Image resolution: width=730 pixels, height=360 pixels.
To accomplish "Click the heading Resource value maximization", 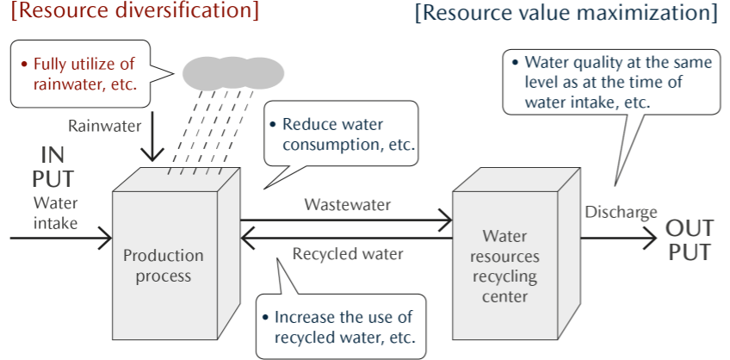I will click(x=566, y=15).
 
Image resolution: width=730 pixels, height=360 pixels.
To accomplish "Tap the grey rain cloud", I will click(x=232, y=72).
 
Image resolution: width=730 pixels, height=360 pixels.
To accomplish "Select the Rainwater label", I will click(x=104, y=125).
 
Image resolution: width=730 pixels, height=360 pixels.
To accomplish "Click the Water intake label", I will click(x=55, y=214).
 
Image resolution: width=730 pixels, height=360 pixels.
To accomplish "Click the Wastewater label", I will click(x=347, y=205).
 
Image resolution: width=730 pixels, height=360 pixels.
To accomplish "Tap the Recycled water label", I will click(x=347, y=254).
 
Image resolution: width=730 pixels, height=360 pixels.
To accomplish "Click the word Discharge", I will click(x=622, y=212).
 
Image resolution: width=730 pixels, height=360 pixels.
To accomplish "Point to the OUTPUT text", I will click(x=688, y=240).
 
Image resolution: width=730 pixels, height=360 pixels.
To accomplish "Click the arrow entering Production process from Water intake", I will click(x=60, y=233).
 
